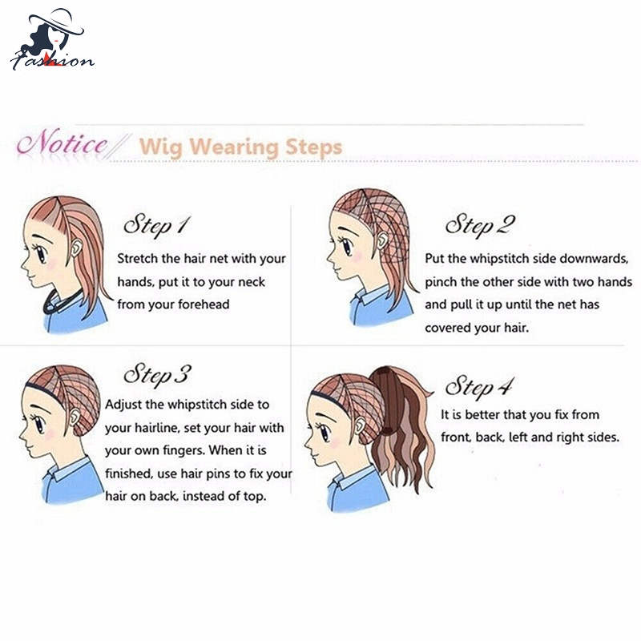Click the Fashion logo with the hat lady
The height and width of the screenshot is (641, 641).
click(x=52, y=39)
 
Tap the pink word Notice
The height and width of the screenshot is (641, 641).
click(x=62, y=143)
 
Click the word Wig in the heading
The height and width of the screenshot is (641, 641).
click(x=160, y=148)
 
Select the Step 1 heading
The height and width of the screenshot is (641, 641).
click(x=157, y=225)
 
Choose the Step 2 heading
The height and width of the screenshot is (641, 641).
click(x=480, y=225)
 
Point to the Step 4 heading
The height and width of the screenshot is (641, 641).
click(x=478, y=386)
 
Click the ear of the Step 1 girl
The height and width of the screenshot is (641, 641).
click(x=76, y=248)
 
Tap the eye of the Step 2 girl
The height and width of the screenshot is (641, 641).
click(x=347, y=247)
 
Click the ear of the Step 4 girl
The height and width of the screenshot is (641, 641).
click(x=360, y=425)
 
